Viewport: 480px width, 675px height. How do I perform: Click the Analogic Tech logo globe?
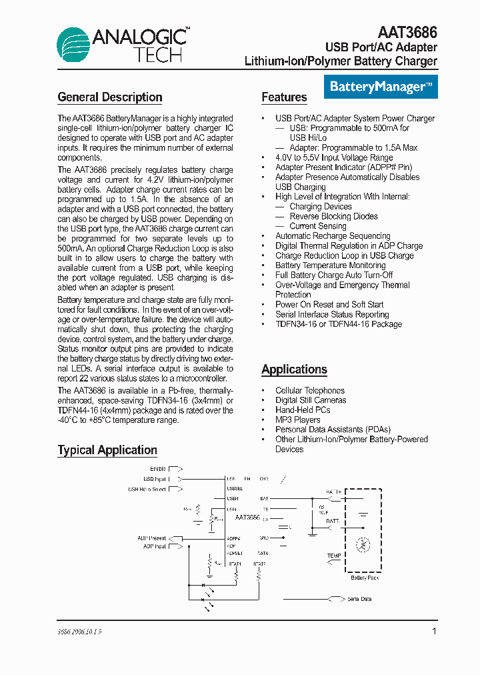73,45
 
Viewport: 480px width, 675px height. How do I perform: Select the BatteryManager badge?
380,87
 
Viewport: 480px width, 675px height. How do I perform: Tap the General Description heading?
110,97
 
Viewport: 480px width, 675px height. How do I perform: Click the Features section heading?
284,97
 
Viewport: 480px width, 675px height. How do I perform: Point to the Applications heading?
294,370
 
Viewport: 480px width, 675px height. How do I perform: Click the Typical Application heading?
107,450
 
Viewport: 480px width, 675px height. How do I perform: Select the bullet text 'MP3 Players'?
297,420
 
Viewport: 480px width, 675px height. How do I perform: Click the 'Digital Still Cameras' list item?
311,400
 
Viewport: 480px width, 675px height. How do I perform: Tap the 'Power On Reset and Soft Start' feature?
329,305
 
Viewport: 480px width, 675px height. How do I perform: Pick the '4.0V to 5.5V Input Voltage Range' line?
334,158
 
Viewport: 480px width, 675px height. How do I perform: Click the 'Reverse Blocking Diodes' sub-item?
333,216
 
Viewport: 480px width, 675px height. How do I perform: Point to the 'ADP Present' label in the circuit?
153,538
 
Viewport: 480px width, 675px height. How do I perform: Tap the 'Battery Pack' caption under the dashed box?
365,578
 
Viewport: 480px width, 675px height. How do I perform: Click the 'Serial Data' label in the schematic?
359,599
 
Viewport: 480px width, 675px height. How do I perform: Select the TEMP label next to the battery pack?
334,556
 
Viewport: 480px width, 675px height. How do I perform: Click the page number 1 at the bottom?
435,631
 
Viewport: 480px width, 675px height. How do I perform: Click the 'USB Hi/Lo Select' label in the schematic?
147,489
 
